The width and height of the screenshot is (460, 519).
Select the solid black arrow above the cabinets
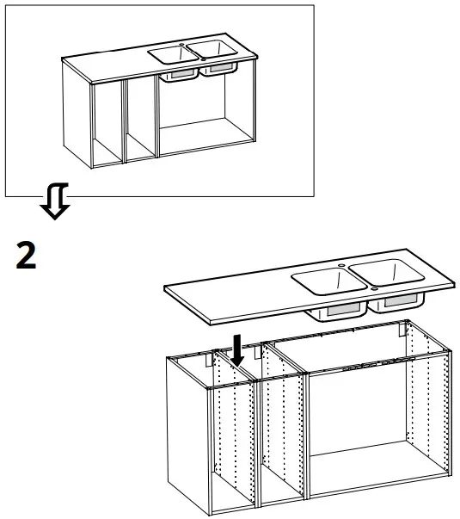(239, 348)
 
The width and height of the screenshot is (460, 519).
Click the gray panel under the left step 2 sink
(341, 307)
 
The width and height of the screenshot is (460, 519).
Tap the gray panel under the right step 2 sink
(398, 302)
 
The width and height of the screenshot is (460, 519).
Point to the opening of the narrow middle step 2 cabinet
(281, 439)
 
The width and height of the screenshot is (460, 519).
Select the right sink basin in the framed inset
(208, 50)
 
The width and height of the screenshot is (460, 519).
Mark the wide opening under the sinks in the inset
(205, 112)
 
